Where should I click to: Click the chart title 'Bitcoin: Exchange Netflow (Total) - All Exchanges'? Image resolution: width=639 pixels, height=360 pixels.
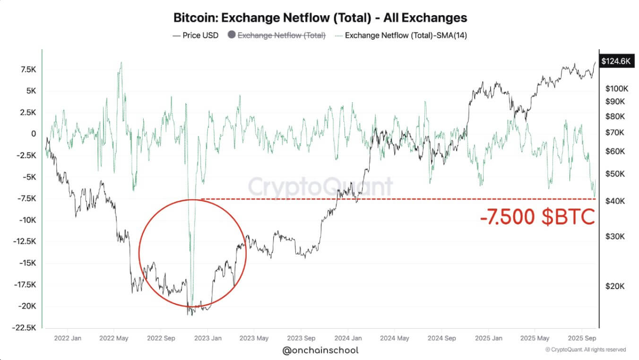point(320,18)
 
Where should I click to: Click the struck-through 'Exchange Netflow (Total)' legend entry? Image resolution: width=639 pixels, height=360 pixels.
point(281,35)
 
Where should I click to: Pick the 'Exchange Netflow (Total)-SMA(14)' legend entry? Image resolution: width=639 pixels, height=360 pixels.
point(406,35)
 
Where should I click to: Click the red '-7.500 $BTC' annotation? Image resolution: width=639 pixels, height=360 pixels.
point(537,217)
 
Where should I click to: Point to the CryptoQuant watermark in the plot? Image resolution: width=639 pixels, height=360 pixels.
point(320,186)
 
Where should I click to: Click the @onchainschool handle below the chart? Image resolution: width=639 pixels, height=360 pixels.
point(320,350)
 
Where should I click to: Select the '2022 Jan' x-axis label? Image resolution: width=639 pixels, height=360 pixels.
point(67,338)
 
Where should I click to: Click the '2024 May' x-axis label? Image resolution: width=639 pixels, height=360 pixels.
point(394,338)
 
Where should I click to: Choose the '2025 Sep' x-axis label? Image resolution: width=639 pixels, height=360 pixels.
point(581,338)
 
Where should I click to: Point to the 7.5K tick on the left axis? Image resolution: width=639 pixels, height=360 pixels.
point(27,69)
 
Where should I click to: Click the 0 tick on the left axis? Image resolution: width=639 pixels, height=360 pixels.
point(34,134)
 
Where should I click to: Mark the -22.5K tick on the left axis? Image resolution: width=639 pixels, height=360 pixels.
point(25,327)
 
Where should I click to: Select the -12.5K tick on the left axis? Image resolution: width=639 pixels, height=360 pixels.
point(25,241)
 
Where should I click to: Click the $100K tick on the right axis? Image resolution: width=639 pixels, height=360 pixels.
point(617,89)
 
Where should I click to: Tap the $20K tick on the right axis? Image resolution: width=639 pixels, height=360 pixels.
point(615,286)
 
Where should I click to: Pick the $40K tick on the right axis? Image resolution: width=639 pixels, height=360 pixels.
point(615,201)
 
